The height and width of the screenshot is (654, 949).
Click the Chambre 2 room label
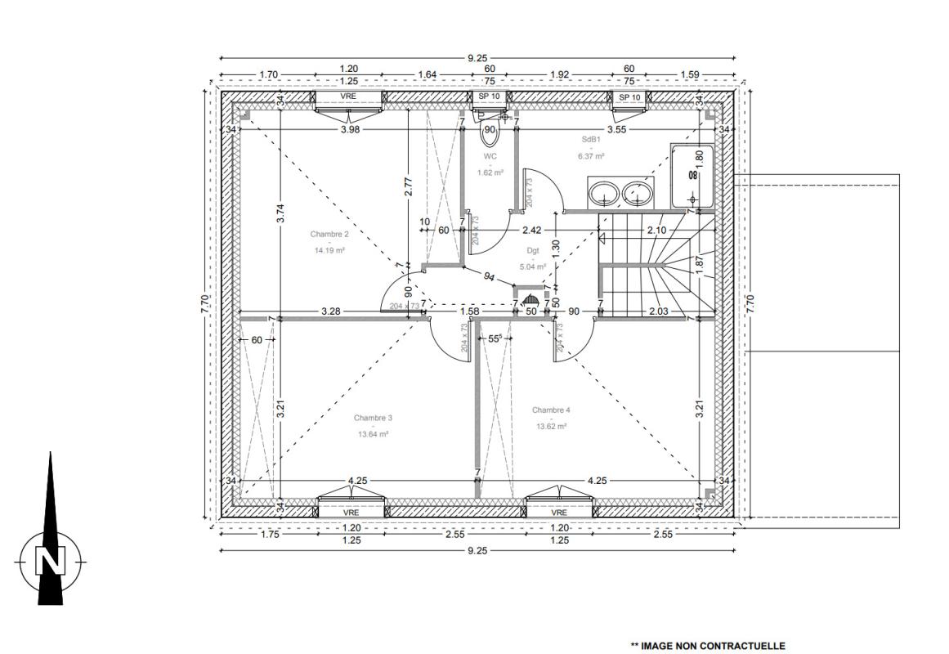pos(329,235)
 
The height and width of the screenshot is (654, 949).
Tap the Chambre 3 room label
pos(373,418)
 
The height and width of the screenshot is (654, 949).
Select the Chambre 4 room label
pos(551,410)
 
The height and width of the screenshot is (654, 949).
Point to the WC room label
pos(490,156)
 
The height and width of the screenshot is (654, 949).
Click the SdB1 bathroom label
pos(591,139)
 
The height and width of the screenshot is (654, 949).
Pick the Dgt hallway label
pos(533,250)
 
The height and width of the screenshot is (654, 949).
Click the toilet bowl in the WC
pos(490,134)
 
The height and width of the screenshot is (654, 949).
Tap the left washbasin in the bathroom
pos(604,194)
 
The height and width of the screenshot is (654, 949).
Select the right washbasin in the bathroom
pos(638,194)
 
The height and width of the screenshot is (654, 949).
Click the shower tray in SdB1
pos(692,176)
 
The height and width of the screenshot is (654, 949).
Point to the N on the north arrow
pos(50,560)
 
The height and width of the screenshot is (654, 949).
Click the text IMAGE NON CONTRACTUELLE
pos(713,646)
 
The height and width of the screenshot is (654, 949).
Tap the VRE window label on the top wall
pos(348,96)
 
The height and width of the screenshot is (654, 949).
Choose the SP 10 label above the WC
pos(490,97)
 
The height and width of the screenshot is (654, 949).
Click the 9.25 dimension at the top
pos(477,58)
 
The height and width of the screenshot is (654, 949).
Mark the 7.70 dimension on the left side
pos(205,303)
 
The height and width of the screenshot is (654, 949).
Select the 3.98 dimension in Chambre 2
pos(350,129)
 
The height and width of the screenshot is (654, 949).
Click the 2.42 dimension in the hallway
pos(532,230)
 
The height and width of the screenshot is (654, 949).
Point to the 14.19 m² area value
pos(329,249)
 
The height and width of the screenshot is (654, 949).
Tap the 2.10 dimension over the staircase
pos(656,230)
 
